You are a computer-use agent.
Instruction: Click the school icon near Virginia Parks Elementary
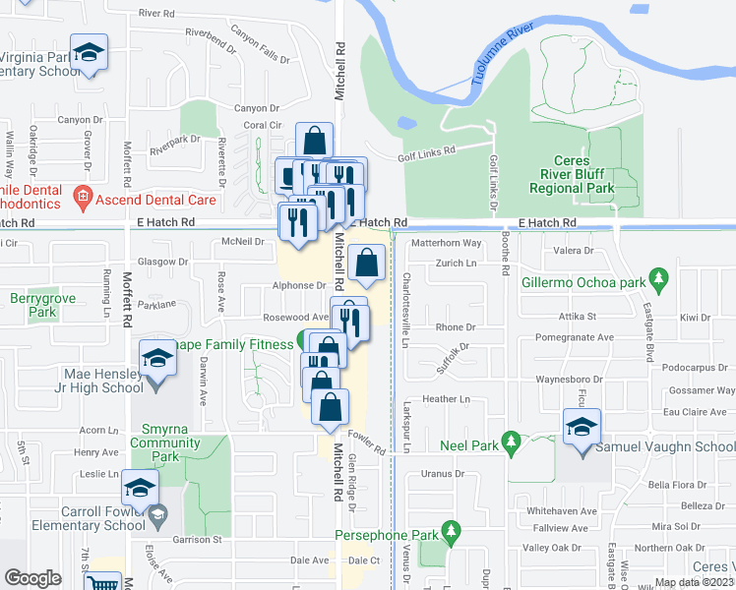tap(89, 54)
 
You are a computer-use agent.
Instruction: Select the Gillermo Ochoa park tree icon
tap(656, 278)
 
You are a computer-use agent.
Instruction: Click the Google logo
tap(32, 577)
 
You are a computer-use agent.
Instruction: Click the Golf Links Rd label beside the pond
tap(427, 151)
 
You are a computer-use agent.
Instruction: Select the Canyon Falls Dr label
tap(260, 44)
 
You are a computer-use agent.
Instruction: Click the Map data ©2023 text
tap(694, 582)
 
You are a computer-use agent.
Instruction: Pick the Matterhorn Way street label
tap(446, 243)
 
